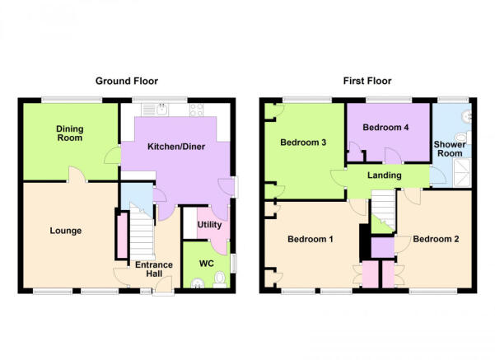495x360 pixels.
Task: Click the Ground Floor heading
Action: coord(127,82)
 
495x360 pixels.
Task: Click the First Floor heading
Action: coord(367,82)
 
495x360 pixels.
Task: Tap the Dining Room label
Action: coord(70,133)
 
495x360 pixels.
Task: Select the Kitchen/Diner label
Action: coord(176,147)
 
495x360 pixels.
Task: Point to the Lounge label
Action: coord(66,231)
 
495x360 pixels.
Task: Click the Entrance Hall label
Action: coord(154,269)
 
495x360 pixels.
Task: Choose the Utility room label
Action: coord(209,225)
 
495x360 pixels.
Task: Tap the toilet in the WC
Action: coord(220,280)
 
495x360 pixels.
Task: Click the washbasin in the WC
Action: coord(198,283)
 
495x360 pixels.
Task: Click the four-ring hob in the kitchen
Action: coord(196,110)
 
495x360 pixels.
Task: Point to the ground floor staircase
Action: coord(142,232)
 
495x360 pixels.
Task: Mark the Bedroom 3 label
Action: coord(303,143)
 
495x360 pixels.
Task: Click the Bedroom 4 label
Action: coord(385,127)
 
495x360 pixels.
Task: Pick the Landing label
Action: coord(384,175)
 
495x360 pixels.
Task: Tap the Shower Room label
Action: coord(450,149)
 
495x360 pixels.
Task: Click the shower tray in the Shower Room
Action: coord(462,173)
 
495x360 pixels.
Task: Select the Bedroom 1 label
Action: coord(311,239)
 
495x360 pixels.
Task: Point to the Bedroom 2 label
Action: coord(436,239)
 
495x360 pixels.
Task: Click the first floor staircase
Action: coord(383,208)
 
